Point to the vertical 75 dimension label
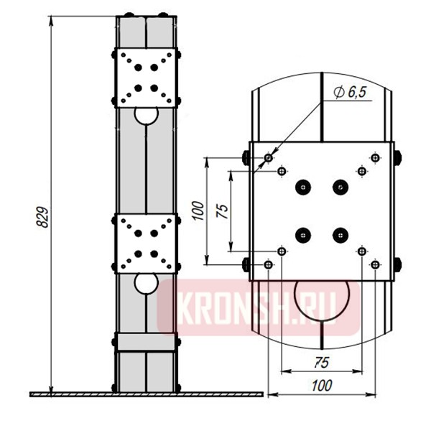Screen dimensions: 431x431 pyautogui.click(x=223, y=210)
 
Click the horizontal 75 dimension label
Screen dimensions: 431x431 pyautogui.click(x=321, y=363)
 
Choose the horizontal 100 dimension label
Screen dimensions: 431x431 pyautogui.click(x=321, y=386)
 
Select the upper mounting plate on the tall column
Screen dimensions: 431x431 pyautogui.click(x=146, y=78)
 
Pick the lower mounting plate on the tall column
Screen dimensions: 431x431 pyautogui.click(x=146, y=244)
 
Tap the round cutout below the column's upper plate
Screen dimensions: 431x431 pyautogui.click(x=146, y=115)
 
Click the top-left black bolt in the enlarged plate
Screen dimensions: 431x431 pyautogui.click(x=303, y=187)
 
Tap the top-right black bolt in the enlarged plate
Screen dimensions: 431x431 pyautogui.click(x=340, y=187)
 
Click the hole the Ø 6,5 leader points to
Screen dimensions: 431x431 pyautogui.click(x=269, y=157)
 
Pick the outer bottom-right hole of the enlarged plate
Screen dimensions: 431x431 pyautogui.click(x=375, y=265)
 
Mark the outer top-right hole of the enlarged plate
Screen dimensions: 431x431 pyautogui.click(x=375, y=157)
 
